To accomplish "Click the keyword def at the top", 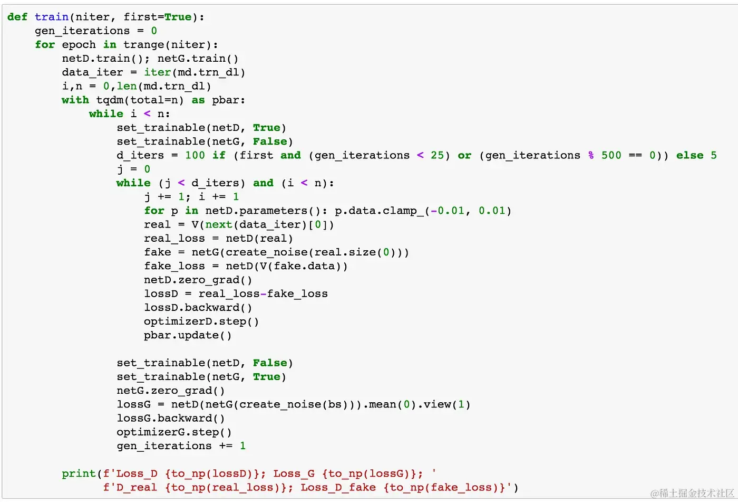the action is (17, 17).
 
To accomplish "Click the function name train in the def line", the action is (52, 17).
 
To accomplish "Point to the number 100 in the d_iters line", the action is (195, 155).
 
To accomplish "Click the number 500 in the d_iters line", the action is (611, 155).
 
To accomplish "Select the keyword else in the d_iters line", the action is (690, 155).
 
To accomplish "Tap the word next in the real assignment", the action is (219, 224).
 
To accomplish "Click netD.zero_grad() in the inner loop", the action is (198, 280).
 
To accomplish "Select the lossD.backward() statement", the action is (198, 308).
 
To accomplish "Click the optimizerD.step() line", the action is (201, 321).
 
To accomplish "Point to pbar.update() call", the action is (188, 335).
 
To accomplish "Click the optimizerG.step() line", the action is (174, 432).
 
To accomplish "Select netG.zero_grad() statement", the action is (171, 391).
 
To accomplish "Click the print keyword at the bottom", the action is (79, 473).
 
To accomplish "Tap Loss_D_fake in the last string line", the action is (338, 487).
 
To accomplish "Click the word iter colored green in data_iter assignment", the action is (158, 72).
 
